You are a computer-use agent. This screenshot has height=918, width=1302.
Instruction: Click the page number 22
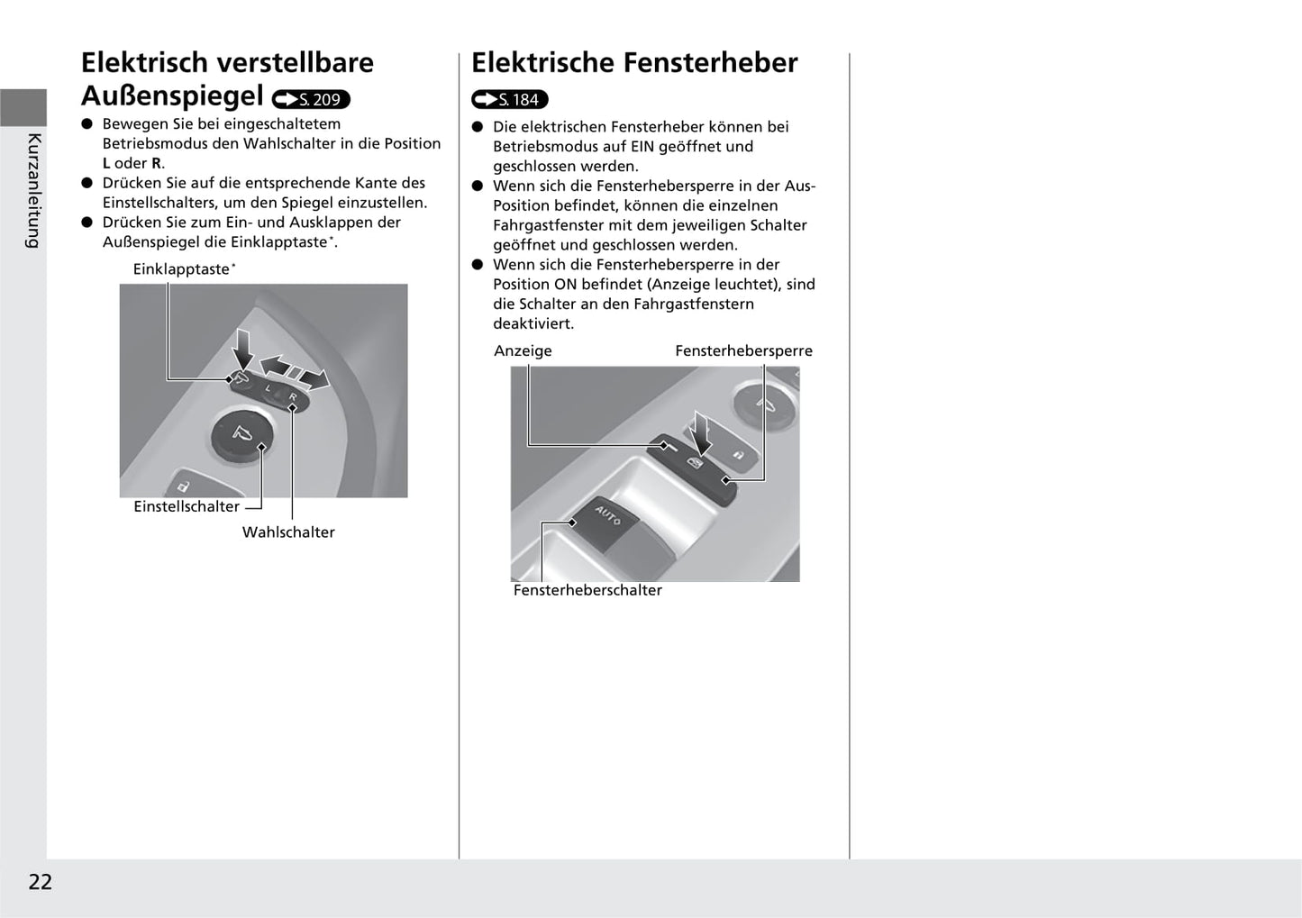coord(41,882)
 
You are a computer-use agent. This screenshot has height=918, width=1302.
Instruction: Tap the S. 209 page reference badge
coord(311,99)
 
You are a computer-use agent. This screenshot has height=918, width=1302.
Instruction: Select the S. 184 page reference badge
coord(510,100)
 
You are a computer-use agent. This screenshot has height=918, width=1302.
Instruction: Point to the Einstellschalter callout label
coord(187,507)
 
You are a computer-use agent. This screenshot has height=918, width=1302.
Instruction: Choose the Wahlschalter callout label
coord(288,532)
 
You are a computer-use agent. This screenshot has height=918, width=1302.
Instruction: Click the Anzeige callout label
coord(523,351)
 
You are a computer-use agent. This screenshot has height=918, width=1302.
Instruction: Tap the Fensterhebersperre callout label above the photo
coord(743,351)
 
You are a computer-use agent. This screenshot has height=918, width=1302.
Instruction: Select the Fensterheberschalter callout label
coord(587,591)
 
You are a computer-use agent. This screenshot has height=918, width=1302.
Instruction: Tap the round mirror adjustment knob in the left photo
coord(239,434)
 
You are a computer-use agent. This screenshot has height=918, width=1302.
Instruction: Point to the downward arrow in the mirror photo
coord(241,350)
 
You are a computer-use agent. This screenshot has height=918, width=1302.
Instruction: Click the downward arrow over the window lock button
coord(702,431)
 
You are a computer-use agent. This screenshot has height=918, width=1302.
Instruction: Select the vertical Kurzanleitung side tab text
coord(33,190)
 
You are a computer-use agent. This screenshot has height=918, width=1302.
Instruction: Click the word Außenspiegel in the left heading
coord(172,95)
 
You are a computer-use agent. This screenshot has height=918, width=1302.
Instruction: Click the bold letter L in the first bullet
coord(106,164)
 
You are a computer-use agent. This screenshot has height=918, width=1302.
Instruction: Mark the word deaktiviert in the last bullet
coord(533,323)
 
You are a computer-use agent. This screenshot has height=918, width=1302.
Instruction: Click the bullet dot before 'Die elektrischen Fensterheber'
coord(478,127)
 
